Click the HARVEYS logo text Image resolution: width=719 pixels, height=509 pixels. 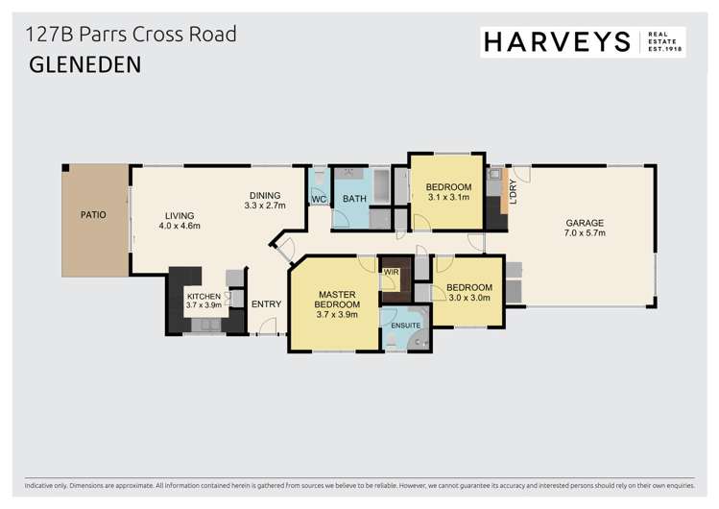[557, 41]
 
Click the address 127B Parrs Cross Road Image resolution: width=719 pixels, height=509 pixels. [132, 35]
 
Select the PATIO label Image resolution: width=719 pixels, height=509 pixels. [93, 215]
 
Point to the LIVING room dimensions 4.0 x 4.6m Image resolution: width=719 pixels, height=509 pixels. [180, 228]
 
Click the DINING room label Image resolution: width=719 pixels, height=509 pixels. [264, 195]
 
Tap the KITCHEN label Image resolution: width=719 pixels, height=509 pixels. [204, 296]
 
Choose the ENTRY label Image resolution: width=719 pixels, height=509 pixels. [266, 304]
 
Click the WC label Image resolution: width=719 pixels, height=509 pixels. [319, 200]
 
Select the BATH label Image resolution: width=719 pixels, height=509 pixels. [355, 200]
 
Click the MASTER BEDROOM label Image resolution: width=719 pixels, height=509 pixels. [337, 300]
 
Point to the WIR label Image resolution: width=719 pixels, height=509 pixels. [391, 273]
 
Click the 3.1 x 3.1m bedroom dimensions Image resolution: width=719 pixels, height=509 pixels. [448, 198]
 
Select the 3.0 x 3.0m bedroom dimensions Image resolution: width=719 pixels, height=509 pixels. [469, 299]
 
